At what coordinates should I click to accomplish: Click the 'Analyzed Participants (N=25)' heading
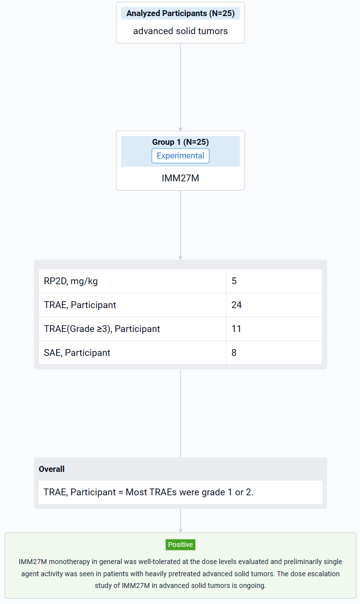[180, 13]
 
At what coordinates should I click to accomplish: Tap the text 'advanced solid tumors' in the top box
[180, 31]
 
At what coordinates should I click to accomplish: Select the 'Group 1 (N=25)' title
[180, 142]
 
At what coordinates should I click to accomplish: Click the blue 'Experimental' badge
[180, 156]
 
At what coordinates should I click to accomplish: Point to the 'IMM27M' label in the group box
[180, 178]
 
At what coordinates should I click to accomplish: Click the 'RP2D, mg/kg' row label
[71, 281]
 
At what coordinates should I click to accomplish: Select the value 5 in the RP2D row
[234, 281]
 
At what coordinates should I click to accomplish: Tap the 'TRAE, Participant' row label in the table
[80, 305]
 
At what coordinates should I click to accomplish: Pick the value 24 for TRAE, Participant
[237, 305]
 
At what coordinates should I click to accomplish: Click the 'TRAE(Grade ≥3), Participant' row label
[102, 329]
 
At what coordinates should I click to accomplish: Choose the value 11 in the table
[236, 329]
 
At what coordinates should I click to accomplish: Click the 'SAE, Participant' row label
[77, 352]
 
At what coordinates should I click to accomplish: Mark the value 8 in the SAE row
[234, 352]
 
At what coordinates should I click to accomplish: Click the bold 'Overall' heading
[52, 469]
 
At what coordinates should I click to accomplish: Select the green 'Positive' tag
[180, 545]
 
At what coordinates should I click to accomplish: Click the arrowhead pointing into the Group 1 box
[180, 129]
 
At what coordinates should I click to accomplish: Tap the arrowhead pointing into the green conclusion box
[180, 530]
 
